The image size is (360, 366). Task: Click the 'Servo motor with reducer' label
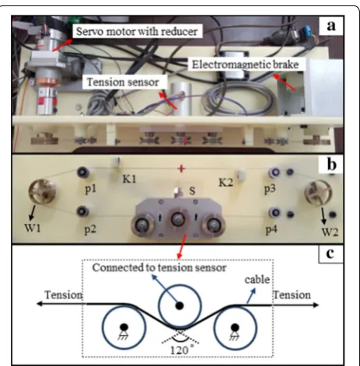coord(137,32)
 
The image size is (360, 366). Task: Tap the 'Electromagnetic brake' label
coord(245,64)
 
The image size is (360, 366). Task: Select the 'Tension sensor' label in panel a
coord(123,82)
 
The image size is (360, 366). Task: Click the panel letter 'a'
coord(331,26)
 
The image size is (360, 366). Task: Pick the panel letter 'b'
coord(332,165)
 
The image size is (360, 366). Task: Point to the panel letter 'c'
coord(330,253)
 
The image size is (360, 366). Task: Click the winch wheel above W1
coord(42,192)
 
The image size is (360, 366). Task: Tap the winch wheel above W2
coord(318,193)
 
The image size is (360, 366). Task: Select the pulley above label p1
coord(83,172)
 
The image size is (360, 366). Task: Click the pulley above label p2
coord(82,211)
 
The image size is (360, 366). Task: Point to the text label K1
coord(129,179)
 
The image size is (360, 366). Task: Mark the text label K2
coord(225,183)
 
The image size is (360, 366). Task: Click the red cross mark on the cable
coord(181,169)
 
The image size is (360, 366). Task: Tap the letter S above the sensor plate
coord(192,191)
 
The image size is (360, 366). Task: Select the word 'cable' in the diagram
coord(257,280)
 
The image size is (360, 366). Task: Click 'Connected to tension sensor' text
coord(159,267)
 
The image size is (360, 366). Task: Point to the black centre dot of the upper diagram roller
coord(180,305)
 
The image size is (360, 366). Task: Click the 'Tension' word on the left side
coord(64,295)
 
